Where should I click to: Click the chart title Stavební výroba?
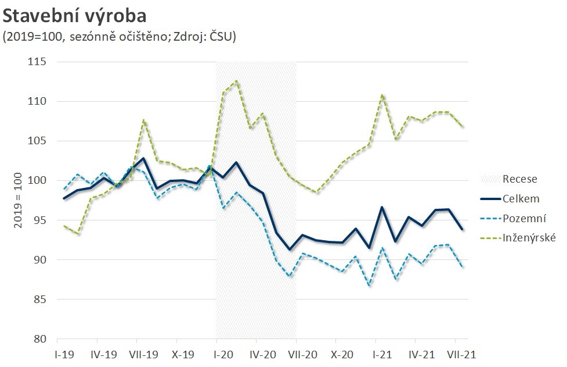click(x=75, y=15)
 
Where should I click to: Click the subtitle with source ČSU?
click(x=119, y=37)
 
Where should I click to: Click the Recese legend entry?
click(x=519, y=179)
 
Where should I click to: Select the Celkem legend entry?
click(x=521, y=199)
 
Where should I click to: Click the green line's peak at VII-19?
click(x=144, y=120)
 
